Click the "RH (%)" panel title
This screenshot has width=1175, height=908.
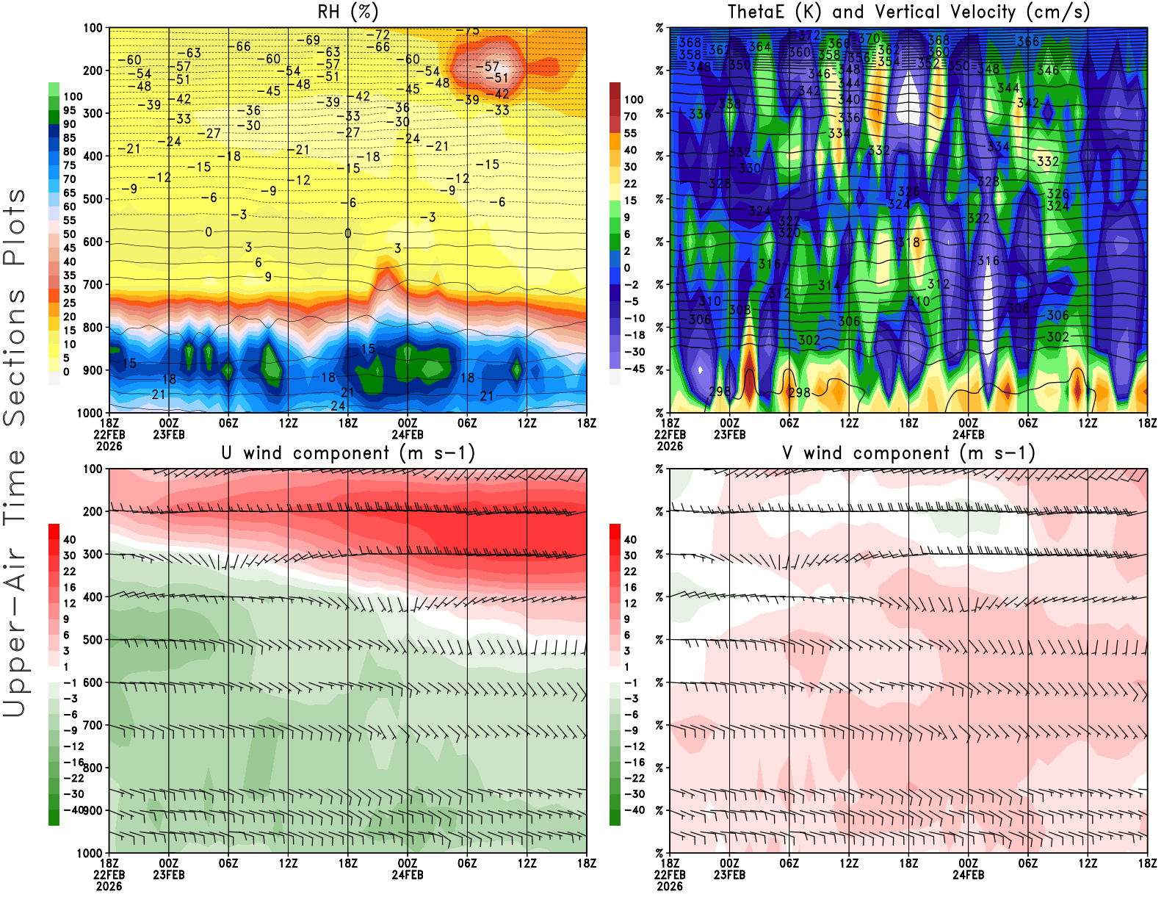pos(347,12)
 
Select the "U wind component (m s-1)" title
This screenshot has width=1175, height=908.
pos(348,453)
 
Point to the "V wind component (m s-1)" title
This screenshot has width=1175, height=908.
pos(908,453)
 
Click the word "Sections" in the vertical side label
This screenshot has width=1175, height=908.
pos(15,357)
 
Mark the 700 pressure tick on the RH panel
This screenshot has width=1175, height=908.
pos(93,284)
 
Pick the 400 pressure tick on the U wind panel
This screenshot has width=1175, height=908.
pos(93,597)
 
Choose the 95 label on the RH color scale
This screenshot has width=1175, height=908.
pos(70,110)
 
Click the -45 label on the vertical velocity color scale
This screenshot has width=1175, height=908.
pos(634,369)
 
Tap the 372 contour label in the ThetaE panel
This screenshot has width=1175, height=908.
pos(809,35)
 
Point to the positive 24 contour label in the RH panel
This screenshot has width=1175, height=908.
pos(338,406)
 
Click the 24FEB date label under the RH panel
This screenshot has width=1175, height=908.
pos(408,434)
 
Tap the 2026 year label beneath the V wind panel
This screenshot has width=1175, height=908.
pos(670,886)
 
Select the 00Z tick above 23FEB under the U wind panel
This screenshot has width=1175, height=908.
pos(169,863)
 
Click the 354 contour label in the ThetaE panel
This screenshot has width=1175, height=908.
pos(889,62)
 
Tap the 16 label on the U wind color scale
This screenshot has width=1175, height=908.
pos(70,587)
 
